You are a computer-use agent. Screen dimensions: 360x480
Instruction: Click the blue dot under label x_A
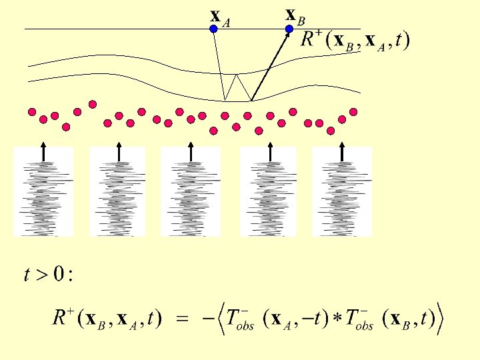pyautogui.click(x=213, y=29)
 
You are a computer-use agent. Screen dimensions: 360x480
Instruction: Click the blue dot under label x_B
pyautogui.click(x=289, y=29)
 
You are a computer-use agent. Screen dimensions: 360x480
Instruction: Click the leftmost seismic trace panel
pyautogui.click(x=43, y=192)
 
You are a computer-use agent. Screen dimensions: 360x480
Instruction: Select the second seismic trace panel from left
pyautogui.click(x=118, y=192)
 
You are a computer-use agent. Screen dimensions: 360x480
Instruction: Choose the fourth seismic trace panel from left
pyautogui.click(x=268, y=192)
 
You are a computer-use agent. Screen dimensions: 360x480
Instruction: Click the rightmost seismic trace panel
pyautogui.click(x=341, y=192)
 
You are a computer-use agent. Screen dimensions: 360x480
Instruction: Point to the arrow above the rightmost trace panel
pyautogui.click(x=341, y=151)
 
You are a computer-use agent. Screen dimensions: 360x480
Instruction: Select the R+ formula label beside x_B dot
pyautogui.click(x=355, y=40)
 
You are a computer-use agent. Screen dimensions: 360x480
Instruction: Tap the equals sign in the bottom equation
pyautogui.click(x=181, y=321)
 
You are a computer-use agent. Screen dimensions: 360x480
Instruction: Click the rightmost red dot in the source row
pyautogui.click(x=353, y=111)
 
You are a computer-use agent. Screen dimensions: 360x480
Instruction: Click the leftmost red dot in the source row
pyautogui.click(x=31, y=111)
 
